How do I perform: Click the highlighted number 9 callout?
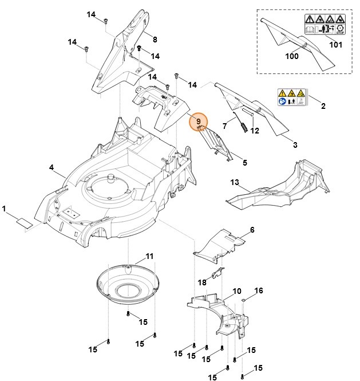pos(198,121)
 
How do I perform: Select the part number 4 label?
pos(51,168)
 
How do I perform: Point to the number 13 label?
pos(234,182)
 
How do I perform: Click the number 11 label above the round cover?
pos(150,255)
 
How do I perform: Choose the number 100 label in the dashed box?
pos(292,57)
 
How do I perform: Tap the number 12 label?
pos(255,131)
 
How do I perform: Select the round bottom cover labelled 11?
pos(126,284)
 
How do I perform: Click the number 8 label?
pos(155,38)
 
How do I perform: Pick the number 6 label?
pos(251,230)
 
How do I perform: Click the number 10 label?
pos(237,292)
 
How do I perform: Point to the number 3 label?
pos(295,146)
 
